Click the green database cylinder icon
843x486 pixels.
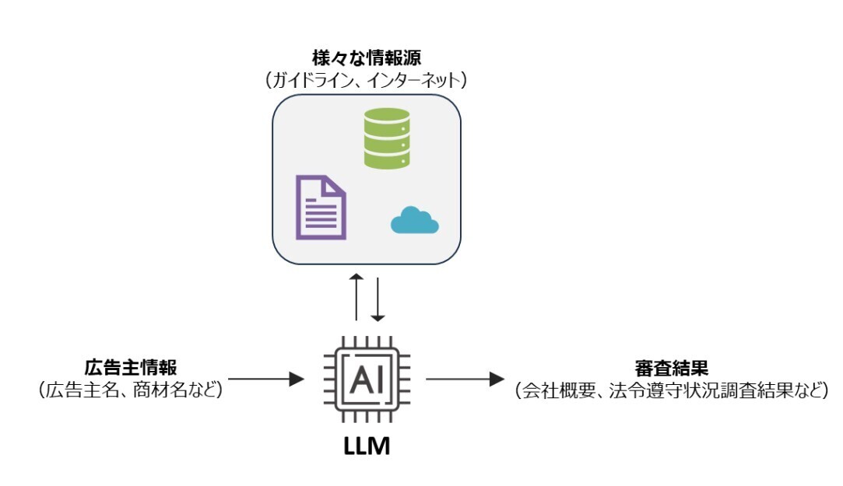(x=387, y=138)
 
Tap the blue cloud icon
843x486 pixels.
(x=414, y=222)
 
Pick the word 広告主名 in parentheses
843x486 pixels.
(x=84, y=390)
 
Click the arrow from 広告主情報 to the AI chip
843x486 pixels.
(x=265, y=379)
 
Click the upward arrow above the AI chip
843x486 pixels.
(x=356, y=297)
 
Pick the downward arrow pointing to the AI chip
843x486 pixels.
(x=378, y=297)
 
